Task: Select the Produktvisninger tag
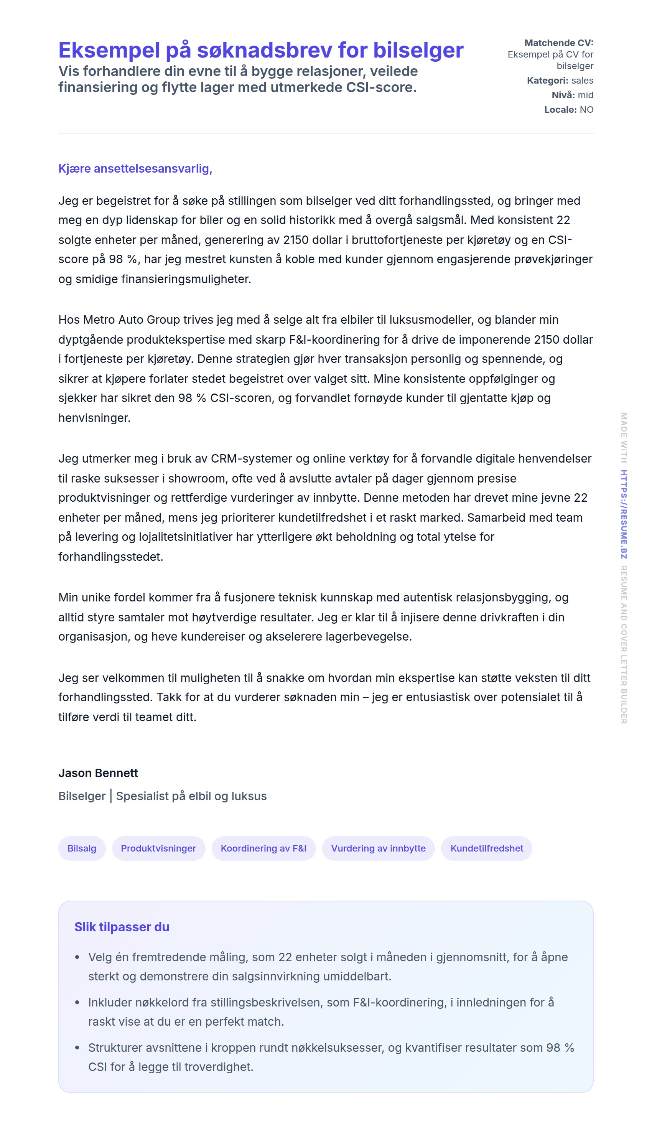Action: tap(158, 848)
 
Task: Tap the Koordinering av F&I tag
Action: tap(263, 848)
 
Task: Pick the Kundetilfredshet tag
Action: tap(486, 848)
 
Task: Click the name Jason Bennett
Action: tap(98, 773)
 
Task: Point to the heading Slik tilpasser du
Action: tap(122, 927)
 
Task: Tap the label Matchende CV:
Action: tap(558, 43)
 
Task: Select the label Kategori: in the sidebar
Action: tap(547, 81)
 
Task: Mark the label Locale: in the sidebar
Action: tap(560, 110)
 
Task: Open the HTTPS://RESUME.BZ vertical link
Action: tap(623, 514)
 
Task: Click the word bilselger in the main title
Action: tap(418, 50)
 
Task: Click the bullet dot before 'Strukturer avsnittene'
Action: tap(77, 1048)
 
